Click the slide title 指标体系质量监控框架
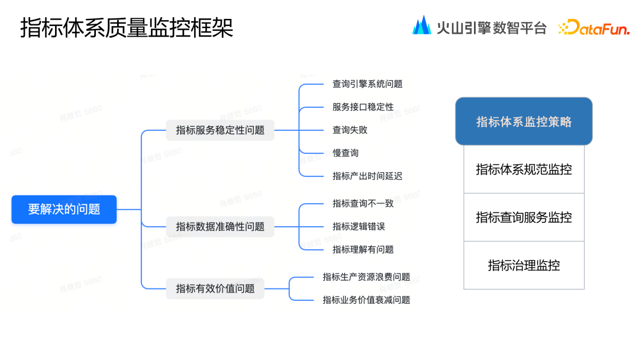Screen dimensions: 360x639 pos(127,28)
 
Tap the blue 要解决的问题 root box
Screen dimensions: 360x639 pos(64,209)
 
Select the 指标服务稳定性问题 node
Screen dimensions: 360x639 pos(220,130)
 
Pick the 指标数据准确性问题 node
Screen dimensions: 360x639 pos(220,226)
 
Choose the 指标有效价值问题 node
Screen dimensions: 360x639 pos(215,288)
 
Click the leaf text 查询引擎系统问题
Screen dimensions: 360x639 pos(367,84)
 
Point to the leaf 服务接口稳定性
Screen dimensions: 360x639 pos(363,107)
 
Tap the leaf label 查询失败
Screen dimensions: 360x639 pos(350,130)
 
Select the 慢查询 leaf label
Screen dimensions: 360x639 pos(346,153)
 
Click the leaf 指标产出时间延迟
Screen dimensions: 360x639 pos(367,176)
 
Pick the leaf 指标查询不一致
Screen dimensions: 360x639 pos(363,203)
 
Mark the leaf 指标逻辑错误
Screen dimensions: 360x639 pos(359,226)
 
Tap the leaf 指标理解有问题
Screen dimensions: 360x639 pos(363,249)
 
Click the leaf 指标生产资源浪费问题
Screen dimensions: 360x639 pos(366,277)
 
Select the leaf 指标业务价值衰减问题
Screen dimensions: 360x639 pos(366,300)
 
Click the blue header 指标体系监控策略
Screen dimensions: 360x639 pos(524,121)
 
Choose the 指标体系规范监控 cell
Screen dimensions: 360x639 pos(524,169)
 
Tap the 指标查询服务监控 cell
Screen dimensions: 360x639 pos(524,217)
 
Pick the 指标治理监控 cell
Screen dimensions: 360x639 pos(524,265)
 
